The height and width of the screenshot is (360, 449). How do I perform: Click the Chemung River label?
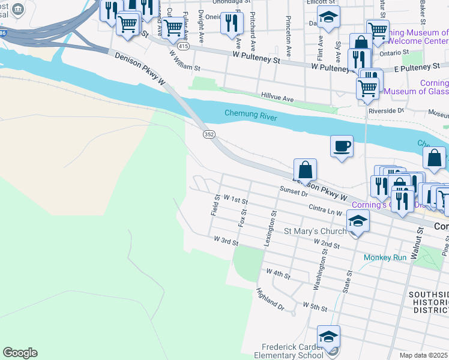[x=251, y=115]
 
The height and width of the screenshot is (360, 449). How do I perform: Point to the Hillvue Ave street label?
[x=277, y=97]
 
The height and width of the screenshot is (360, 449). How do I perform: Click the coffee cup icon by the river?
[x=342, y=146]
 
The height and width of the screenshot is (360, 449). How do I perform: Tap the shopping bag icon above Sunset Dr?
[x=305, y=170]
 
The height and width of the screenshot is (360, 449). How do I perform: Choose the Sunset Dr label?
[x=294, y=190]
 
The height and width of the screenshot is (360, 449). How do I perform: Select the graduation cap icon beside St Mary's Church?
[x=357, y=222]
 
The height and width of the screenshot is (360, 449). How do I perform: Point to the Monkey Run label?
[x=385, y=257]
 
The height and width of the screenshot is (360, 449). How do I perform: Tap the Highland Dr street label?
[x=270, y=298]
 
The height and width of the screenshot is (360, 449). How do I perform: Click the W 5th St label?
[x=315, y=307]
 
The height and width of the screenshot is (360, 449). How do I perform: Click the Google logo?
[x=20, y=352]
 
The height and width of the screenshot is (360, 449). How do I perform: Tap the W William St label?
[x=184, y=61]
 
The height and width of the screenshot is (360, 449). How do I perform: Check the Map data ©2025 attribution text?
[x=424, y=355]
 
